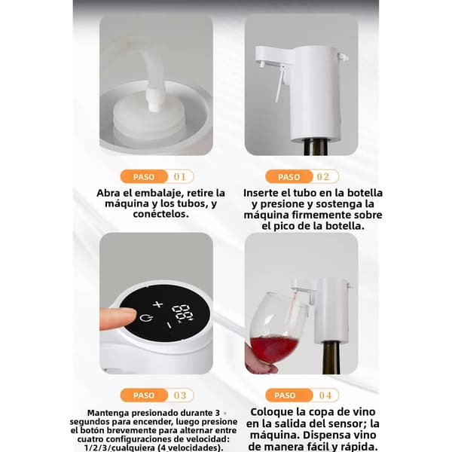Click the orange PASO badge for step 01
(144, 176)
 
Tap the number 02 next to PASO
(323, 176)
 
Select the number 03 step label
(180, 395)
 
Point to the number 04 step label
(325, 395)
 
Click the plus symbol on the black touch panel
(157, 304)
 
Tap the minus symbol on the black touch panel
(169, 325)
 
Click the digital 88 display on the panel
(183, 312)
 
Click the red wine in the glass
(273, 348)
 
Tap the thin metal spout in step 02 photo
(279, 86)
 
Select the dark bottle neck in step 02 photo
(316, 147)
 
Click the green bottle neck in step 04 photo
(331, 357)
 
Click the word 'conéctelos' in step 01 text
(160, 214)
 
